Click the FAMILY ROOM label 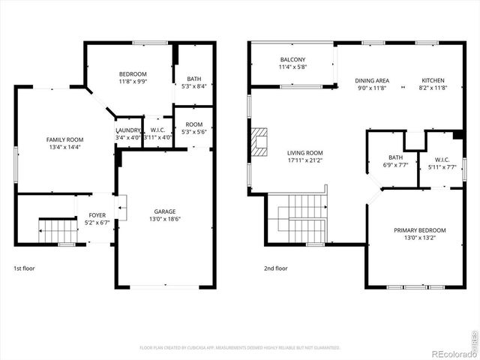(64, 139)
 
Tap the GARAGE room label (164, 211)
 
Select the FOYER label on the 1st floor (97, 215)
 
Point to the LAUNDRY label (128, 130)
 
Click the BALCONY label (292, 60)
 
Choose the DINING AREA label (371, 80)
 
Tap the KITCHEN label (432, 80)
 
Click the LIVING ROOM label (305, 152)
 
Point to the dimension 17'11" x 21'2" (305, 160)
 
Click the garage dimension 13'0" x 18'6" (164, 218)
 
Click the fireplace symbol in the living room (259, 141)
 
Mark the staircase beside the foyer (58, 231)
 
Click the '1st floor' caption (24, 268)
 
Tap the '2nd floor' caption (275, 268)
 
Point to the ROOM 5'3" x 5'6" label (194, 128)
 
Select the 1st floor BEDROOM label (133, 73)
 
